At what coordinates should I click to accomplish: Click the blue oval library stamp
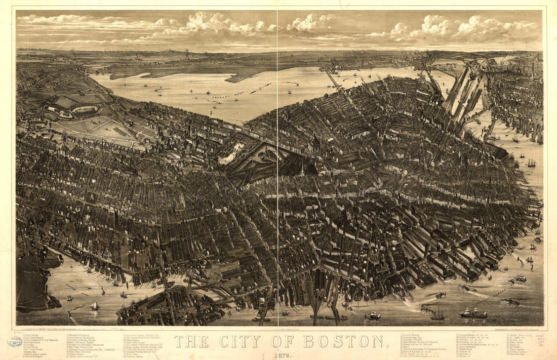point(14,342)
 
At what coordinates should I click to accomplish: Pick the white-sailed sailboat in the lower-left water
point(95,306)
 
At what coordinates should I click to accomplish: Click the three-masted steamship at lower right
point(473,313)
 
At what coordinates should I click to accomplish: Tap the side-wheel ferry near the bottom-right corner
point(510,302)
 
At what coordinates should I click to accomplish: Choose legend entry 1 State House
point(30,335)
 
